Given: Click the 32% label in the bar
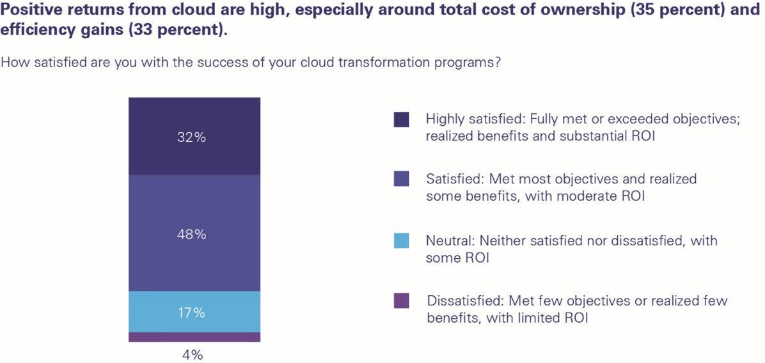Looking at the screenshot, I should [192, 137].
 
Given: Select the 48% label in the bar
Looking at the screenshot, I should [192, 235].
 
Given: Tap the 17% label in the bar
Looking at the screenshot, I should [192, 313].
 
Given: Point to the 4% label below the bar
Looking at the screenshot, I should [192, 354].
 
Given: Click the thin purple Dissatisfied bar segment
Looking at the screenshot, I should [194, 337].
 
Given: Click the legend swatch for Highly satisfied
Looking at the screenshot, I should [401, 120].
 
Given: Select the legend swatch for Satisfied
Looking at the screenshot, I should [401, 179].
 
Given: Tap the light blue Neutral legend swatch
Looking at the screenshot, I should [401, 241].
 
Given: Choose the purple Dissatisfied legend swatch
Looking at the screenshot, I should [401, 301].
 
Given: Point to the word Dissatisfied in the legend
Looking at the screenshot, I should [462, 300].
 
